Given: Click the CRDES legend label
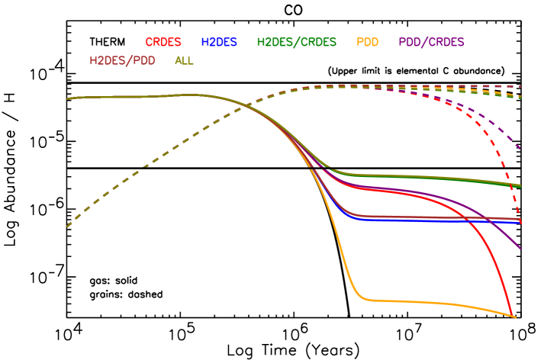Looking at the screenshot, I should click(163, 42).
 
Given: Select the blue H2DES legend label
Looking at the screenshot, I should click(219, 42).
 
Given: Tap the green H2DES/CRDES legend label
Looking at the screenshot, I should click(296, 42).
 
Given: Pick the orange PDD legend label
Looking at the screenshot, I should click(367, 42).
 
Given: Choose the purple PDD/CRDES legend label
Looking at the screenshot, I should click(431, 42).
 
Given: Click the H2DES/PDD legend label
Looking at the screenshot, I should click(122, 60).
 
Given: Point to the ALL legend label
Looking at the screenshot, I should click(184, 60).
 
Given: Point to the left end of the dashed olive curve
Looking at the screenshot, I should click(67, 227).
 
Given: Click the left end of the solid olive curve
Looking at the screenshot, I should click(67, 98).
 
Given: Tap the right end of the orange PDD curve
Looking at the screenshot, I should click(515, 317).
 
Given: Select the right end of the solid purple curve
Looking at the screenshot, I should click(520, 249).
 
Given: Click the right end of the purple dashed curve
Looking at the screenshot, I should click(520, 149).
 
